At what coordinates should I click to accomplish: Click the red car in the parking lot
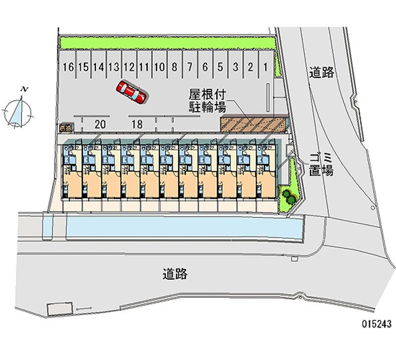click(x=131, y=92)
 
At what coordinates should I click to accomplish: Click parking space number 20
click(x=99, y=124)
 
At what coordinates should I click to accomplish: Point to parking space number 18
click(x=137, y=124)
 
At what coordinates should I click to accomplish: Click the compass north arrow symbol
click(x=18, y=110)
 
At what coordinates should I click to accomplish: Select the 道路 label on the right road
click(x=322, y=72)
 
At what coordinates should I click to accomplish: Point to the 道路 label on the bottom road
click(x=175, y=273)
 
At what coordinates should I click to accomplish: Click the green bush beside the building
click(x=288, y=196)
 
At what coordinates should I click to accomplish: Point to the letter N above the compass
click(x=24, y=89)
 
